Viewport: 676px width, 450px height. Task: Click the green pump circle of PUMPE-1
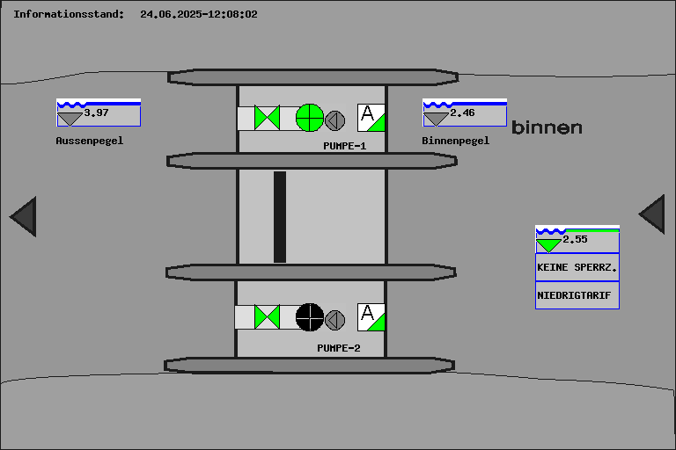310,117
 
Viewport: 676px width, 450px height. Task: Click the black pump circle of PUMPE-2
310,316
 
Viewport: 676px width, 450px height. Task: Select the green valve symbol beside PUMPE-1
267,118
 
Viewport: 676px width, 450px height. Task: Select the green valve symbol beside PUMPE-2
267,316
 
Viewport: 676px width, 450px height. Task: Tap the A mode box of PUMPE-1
371,117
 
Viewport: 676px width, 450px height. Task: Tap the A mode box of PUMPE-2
371,316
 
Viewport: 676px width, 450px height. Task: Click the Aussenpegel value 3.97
96,112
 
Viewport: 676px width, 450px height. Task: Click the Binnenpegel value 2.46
462,112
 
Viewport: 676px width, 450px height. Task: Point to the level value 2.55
575,239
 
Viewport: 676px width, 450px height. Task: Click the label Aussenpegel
90,141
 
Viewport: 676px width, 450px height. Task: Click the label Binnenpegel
455,141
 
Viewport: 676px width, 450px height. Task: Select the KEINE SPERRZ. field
577,267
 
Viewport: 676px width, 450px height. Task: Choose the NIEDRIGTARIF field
577,295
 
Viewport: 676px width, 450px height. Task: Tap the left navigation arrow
24,216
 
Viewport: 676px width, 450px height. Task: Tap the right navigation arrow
652,214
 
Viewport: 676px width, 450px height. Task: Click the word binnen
547,128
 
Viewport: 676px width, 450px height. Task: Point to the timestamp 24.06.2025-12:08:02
199,14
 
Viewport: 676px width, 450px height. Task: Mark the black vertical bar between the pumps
280,216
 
